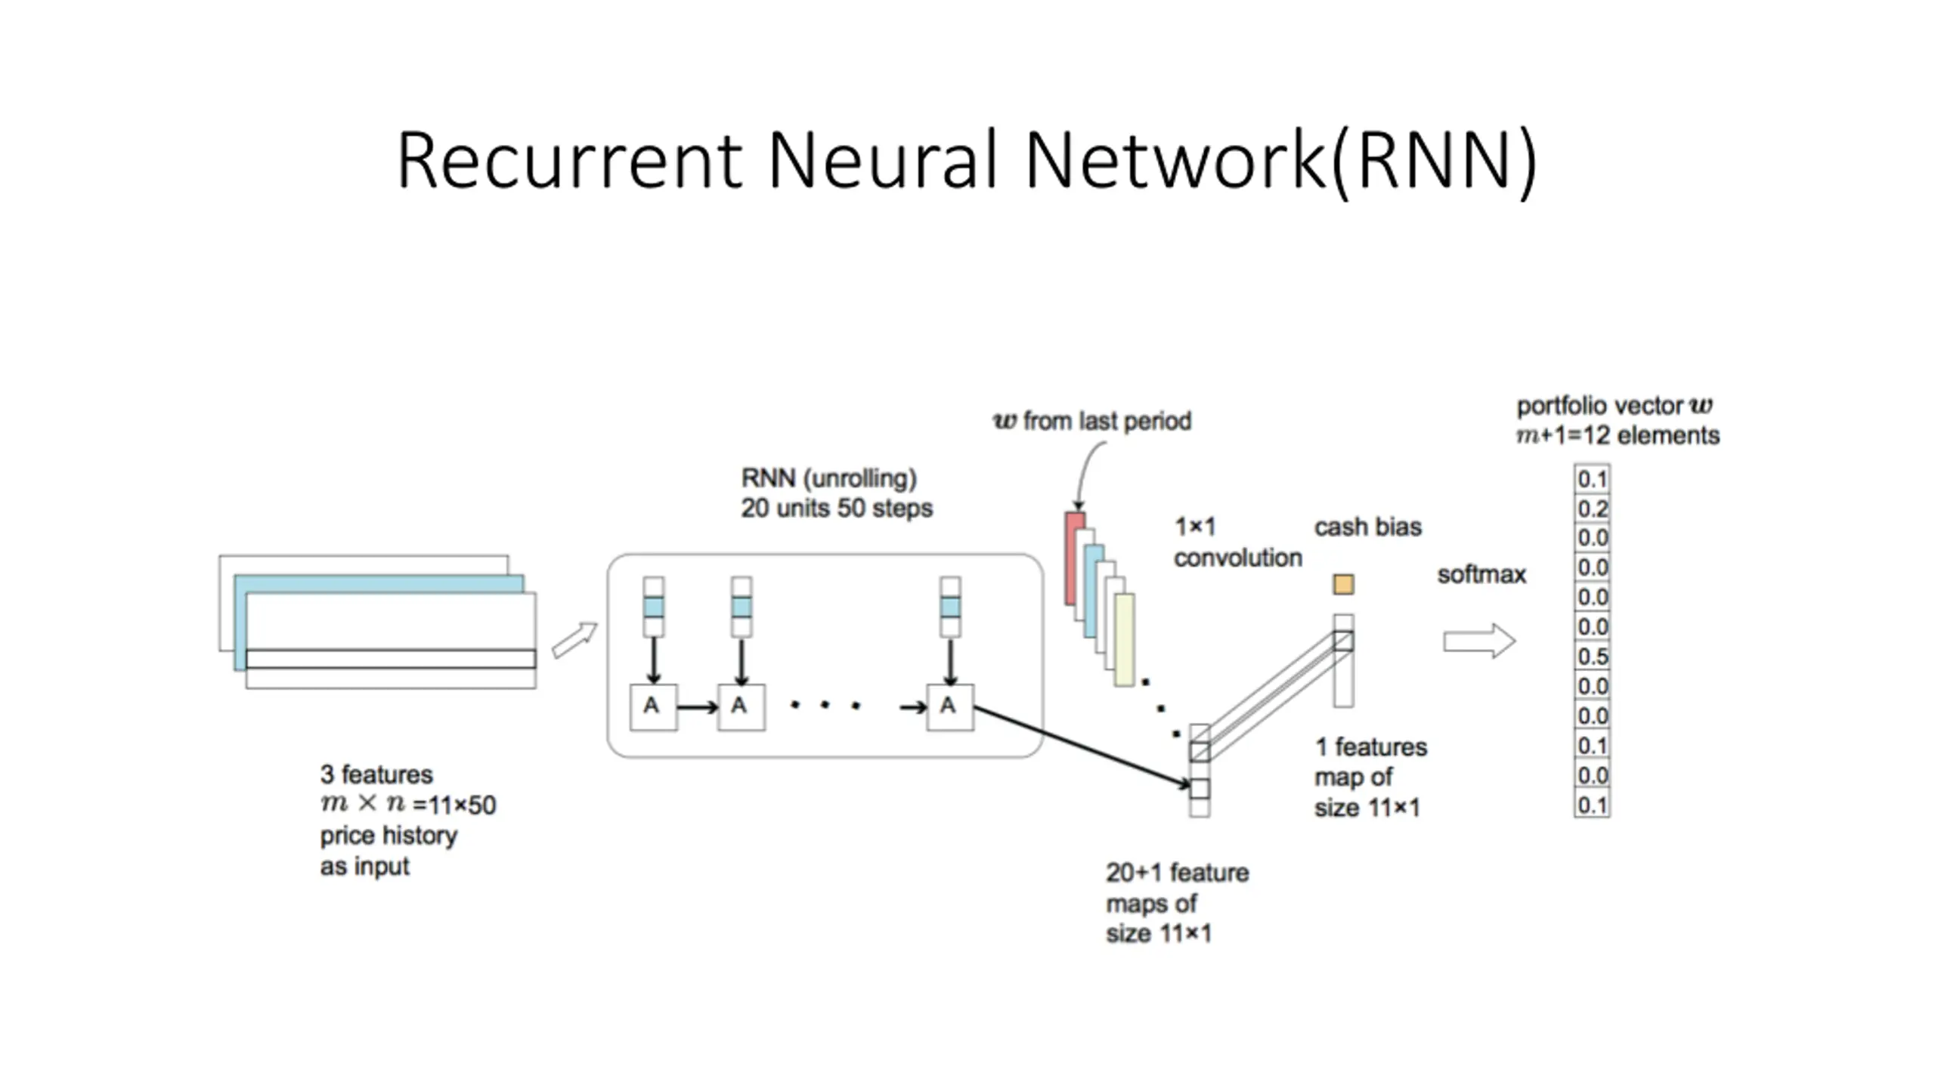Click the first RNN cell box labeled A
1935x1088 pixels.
[x=653, y=707]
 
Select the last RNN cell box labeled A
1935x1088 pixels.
[x=950, y=707]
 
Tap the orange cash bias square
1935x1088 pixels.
[x=1343, y=584]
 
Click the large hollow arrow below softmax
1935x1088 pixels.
[x=1478, y=641]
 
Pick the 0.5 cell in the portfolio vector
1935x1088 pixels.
[x=1592, y=657]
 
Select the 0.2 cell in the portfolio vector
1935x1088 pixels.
[x=1592, y=508]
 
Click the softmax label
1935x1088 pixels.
[x=1481, y=575]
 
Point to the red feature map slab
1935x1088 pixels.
[x=1073, y=559]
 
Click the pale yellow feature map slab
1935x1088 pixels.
[x=1125, y=639]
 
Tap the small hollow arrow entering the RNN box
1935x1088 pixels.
[x=574, y=640]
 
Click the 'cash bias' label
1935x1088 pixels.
[x=1367, y=527]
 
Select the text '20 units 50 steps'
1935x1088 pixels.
[x=836, y=508]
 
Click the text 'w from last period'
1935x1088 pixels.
[x=1092, y=421]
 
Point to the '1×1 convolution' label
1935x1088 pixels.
[x=1237, y=542]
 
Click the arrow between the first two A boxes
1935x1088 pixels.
[x=697, y=708]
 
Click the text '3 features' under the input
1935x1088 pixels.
[x=376, y=774]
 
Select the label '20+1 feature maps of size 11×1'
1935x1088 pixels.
[x=1176, y=903]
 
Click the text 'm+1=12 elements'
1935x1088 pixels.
[x=1618, y=436]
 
